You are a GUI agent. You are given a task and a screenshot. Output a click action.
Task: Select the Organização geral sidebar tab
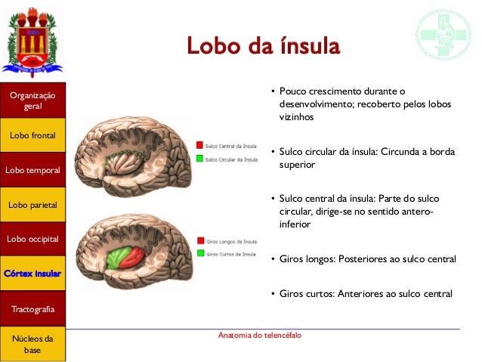[32, 101]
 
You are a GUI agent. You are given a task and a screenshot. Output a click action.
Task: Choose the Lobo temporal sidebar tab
[32, 170]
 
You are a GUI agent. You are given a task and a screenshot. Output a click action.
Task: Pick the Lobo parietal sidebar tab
[32, 205]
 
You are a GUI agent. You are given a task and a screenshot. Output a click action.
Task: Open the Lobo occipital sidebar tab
[32, 239]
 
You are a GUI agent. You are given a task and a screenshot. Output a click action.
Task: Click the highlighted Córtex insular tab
[32, 273]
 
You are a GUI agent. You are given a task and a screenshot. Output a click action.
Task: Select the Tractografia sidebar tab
[32, 309]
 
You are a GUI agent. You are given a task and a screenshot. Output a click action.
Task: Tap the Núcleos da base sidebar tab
[32, 344]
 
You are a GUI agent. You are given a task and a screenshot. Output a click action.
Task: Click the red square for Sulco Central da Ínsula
[199, 144]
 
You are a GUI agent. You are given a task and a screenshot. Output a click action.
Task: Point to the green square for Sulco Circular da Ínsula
[199, 159]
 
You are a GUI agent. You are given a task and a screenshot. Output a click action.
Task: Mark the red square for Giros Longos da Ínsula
[199, 240]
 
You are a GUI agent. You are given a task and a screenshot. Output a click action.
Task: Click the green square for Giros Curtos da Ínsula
[199, 253]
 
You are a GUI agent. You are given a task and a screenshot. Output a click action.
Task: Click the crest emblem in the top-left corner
[32, 40]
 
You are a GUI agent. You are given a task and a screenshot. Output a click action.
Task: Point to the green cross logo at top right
[443, 34]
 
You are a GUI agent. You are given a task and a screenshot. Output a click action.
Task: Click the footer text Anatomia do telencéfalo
[259, 335]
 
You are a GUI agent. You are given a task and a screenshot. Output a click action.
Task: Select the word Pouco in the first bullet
[293, 91]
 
